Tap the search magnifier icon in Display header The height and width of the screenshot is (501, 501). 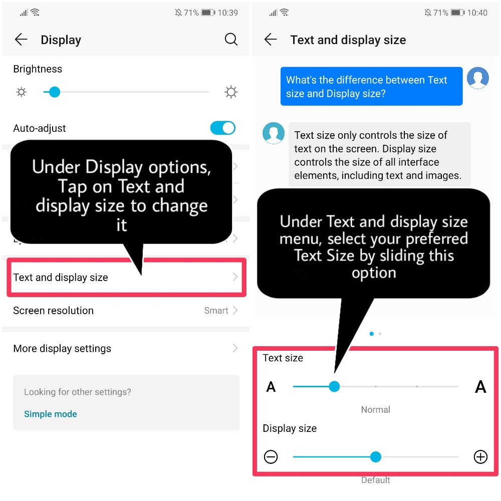tap(231, 40)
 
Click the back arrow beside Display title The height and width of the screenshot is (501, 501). tap(21, 40)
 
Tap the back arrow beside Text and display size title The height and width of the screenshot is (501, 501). tap(271, 40)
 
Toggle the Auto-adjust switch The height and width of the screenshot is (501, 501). tap(222, 128)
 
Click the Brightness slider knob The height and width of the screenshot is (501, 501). tap(55, 92)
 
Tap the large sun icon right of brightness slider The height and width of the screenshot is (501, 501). tap(231, 92)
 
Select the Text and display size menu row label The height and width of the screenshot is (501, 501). tap(61, 277)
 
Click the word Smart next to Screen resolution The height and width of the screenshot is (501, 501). tap(216, 311)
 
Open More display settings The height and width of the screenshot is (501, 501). tap(62, 348)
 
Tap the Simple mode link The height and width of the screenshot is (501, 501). tap(51, 414)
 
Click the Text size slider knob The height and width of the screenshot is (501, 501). tap(335, 386)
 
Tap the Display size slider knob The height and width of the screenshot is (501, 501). tap(375, 456)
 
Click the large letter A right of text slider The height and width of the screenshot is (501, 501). tap(480, 386)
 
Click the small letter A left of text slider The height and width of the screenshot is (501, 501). tap(271, 386)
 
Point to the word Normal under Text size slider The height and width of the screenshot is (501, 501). tap(375, 409)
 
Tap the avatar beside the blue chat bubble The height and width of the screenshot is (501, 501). tap(477, 78)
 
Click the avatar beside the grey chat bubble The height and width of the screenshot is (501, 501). tap(274, 133)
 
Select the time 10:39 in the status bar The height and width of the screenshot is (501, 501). tap(227, 13)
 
